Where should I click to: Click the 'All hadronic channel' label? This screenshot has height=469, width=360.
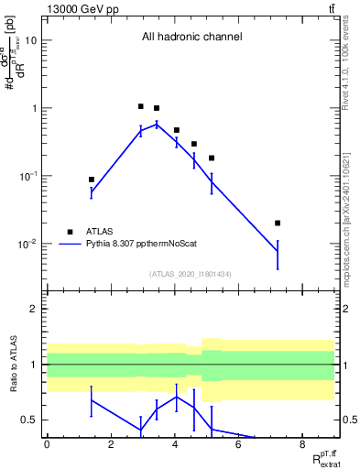pos(191,38)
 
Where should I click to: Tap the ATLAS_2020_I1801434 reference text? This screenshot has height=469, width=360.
pos(191,274)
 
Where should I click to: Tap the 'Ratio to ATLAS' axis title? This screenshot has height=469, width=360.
pos(16,364)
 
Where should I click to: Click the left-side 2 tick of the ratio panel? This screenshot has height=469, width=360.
pos(35,309)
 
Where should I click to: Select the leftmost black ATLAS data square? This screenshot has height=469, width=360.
pos(92,180)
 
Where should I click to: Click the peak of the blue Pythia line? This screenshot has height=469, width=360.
pos(157,124)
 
